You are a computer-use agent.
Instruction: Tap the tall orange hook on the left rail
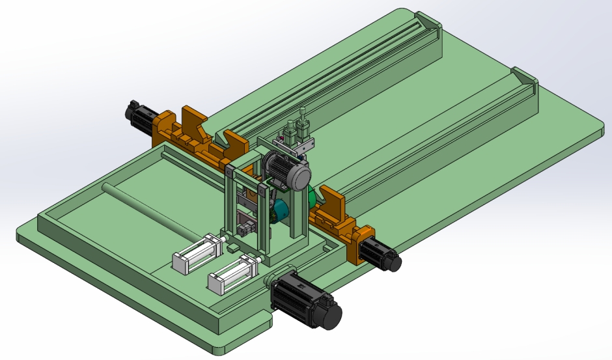point(193,120)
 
